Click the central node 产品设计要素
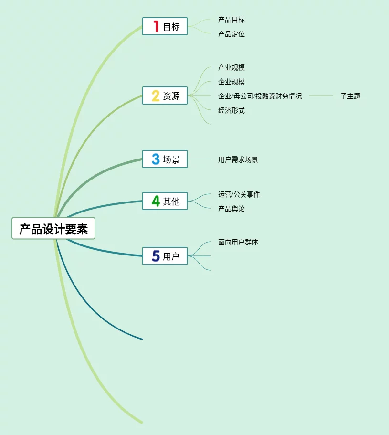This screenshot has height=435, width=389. (53, 229)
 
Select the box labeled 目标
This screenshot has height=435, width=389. (165, 27)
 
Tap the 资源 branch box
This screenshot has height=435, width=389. (165, 95)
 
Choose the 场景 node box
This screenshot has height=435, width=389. (165, 159)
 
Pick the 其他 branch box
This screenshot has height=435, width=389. (165, 201)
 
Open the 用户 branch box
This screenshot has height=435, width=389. (165, 256)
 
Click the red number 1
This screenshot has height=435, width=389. (156, 26)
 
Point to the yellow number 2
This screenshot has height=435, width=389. (156, 95)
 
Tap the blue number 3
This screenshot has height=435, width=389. (156, 159)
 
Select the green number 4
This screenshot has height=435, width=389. (156, 201)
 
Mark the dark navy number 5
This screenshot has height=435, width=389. (156, 256)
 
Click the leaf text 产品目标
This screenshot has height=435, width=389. (231, 20)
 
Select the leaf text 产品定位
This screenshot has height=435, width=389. (231, 34)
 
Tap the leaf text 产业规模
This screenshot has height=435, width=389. (231, 67)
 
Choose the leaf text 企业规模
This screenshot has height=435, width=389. (231, 82)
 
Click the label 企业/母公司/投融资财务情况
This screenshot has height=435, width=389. (260, 96)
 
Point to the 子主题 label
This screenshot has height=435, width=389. (350, 96)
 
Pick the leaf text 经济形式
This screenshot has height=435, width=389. (231, 110)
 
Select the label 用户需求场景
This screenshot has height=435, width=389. (238, 159)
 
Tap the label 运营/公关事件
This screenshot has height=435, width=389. (239, 194)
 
